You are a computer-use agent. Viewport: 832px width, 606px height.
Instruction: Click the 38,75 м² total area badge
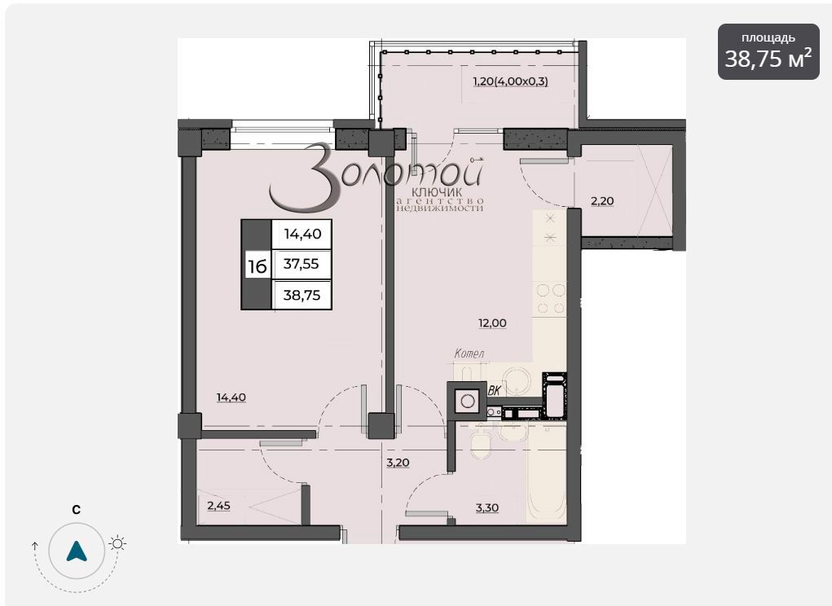(768, 51)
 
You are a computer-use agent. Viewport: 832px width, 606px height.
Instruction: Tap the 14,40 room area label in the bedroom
(231, 397)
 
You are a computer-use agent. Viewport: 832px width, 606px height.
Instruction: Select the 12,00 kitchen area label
(492, 323)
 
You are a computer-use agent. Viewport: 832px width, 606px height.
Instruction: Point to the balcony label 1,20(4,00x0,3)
(510, 81)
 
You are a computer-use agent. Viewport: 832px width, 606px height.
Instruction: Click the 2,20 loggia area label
(602, 201)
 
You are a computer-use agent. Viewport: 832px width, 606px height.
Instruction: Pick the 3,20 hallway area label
(398, 463)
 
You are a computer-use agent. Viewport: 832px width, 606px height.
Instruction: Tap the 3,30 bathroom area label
(486, 507)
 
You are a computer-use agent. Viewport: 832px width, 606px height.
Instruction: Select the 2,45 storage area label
(218, 505)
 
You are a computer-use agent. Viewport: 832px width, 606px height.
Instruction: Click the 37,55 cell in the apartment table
(302, 264)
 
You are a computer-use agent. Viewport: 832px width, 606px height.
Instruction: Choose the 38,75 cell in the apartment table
(302, 295)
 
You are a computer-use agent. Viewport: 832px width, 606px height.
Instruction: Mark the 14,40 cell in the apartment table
(302, 234)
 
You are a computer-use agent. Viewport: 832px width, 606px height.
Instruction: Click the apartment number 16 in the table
(257, 266)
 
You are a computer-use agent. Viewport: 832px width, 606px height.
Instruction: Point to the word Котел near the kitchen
(469, 353)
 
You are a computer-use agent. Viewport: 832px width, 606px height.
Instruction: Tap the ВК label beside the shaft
(494, 391)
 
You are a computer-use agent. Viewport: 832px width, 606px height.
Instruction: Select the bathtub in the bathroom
(546, 475)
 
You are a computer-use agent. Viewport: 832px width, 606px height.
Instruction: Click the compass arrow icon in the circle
(77, 551)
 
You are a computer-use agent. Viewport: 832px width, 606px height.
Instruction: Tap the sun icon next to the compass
(117, 543)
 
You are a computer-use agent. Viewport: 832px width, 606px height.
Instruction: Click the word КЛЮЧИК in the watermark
(437, 192)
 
